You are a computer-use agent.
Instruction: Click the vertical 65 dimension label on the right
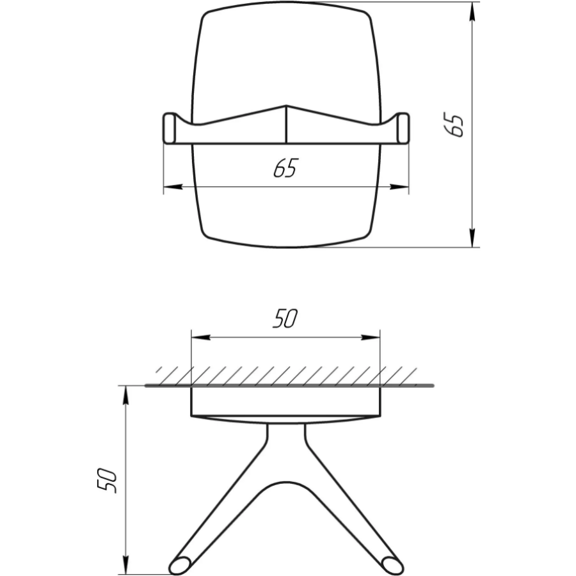(454, 125)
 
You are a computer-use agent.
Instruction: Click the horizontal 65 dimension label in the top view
(286, 168)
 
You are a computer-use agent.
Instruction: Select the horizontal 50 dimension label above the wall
(285, 319)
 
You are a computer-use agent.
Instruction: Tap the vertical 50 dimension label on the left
(107, 481)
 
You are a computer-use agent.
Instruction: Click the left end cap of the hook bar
(170, 128)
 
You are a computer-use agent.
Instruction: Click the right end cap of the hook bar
(403, 128)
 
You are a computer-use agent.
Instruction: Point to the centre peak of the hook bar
(286, 106)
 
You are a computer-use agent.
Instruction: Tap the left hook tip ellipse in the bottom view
(180, 565)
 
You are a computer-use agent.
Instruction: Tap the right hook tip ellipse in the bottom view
(393, 565)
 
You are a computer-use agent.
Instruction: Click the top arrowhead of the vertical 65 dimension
(472, 12)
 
